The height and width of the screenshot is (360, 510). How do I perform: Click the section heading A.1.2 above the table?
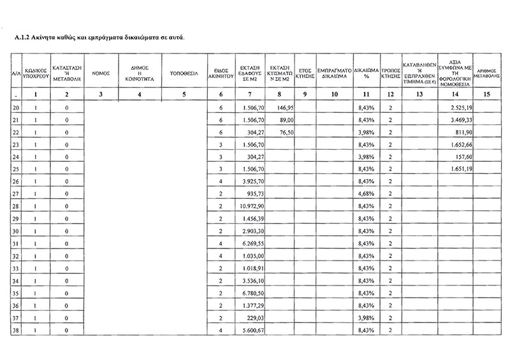[99, 38]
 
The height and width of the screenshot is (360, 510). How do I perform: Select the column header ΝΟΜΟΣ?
[101, 73]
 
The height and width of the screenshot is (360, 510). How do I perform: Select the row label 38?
[16, 330]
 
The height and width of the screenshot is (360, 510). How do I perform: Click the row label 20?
[16, 108]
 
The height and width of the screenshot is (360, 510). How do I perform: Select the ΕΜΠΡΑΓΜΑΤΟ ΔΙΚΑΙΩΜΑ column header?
[332, 73]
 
